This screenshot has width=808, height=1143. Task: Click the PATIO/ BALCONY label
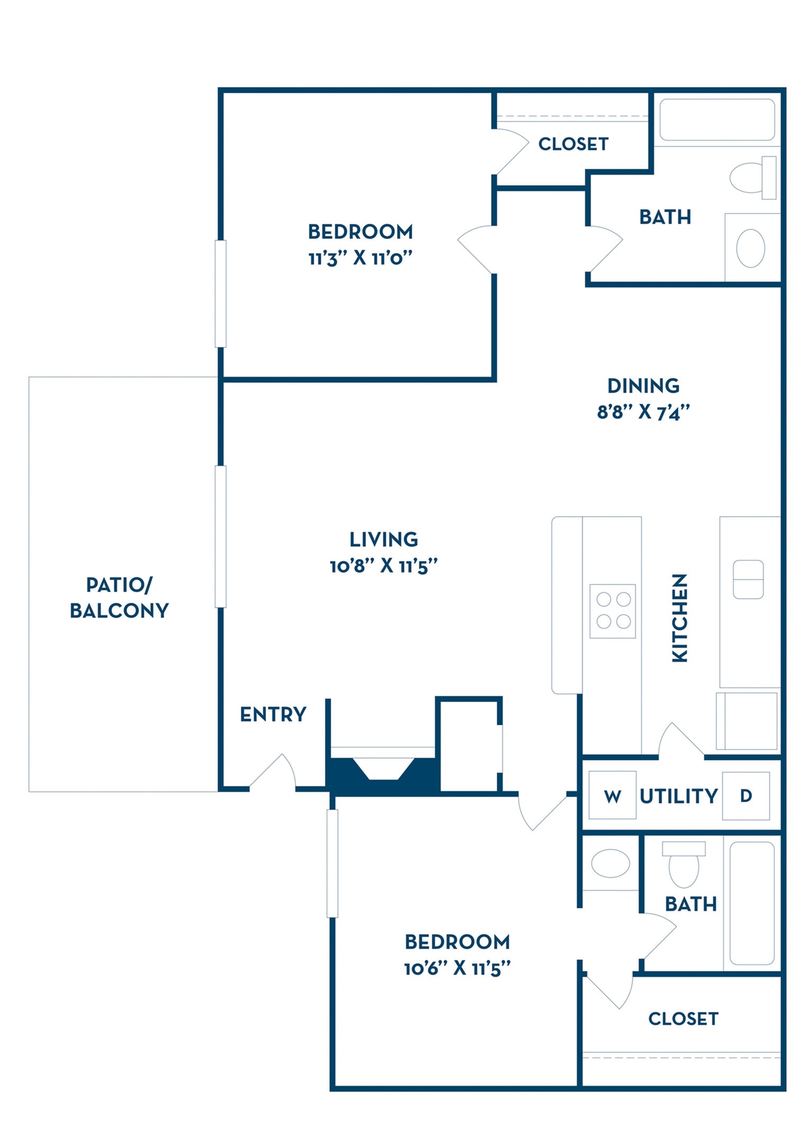pyautogui.click(x=120, y=597)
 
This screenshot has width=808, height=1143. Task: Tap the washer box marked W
pyautogui.click(x=612, y=795)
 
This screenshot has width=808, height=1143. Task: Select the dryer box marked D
pyautogui.click(x=746, y=795)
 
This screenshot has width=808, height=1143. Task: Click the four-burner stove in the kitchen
pyautogui.click(x=613, y=611)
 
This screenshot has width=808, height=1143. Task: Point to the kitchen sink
pyautogui.click(x=748, y=579)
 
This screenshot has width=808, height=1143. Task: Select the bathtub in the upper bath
pyautogui.click(x=717, y=120)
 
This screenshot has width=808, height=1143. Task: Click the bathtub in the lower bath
pyautogui.click(x=752, y=903)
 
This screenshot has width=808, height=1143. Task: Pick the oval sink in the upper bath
pyautogui.click(x=750, y=248)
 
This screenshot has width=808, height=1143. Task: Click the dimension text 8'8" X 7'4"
pyautogui.click(x=643, y=412)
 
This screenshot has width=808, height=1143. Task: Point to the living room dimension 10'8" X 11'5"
pyautogui.click(x=384, y=566)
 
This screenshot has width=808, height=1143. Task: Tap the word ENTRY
pyautogui.click(x=273, y=714)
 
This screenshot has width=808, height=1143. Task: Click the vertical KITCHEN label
pyautogui.click(x=679, y=618)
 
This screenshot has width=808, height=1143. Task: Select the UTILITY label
pyautogui.click(x=679, y=796)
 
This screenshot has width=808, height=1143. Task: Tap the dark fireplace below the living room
pyautogui.click(x=383, y=776)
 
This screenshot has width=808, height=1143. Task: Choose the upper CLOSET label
pyautogui.click(x=573, y=144)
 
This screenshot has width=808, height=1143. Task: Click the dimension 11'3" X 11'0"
pyautogui.click(x=360, y=258)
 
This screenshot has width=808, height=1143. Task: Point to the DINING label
pyautogui.click(x=643, y=386)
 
